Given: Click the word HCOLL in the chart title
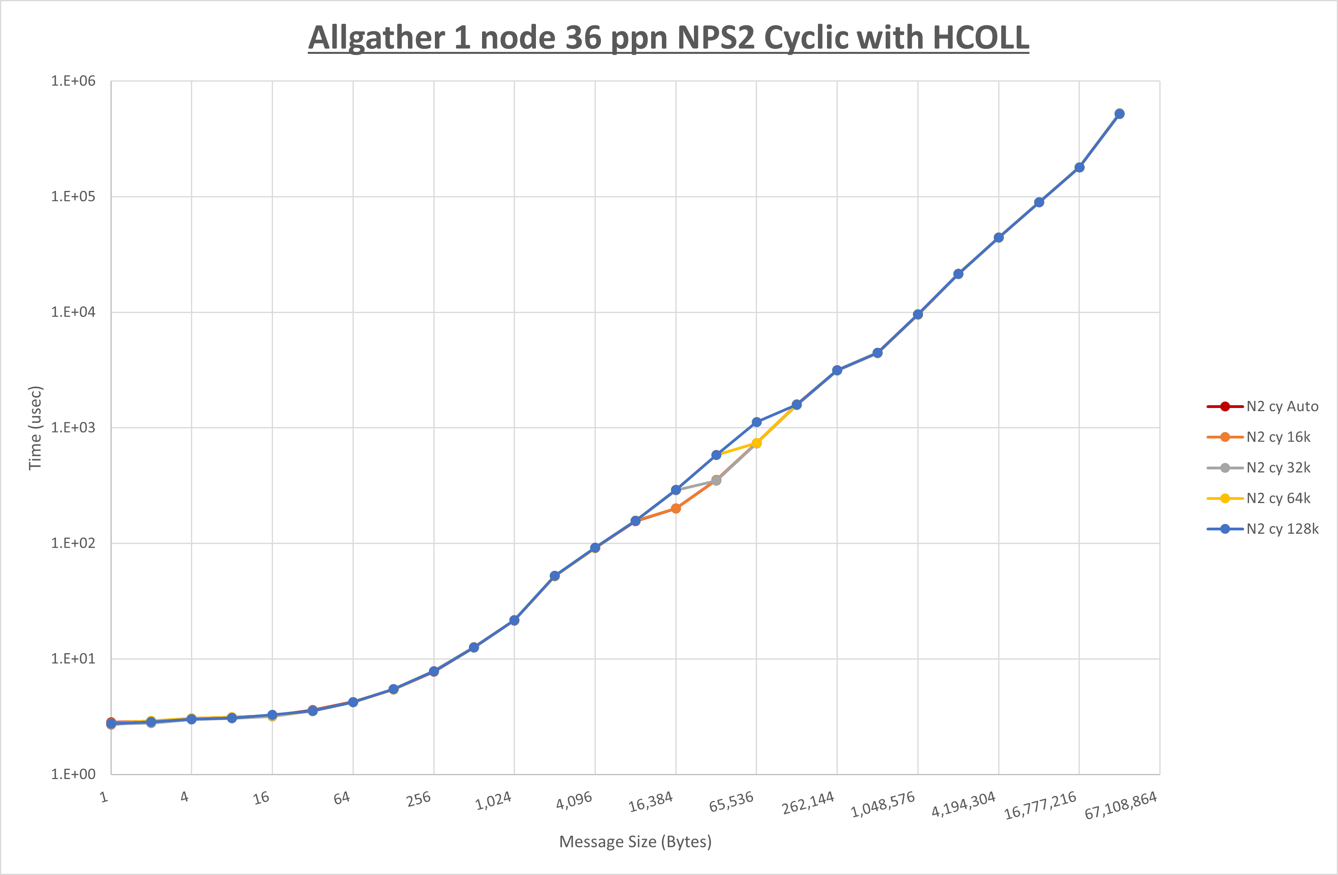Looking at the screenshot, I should (980, 38).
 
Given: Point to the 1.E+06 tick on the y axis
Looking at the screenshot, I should (73, 81).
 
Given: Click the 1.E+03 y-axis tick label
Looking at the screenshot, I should (73, 427).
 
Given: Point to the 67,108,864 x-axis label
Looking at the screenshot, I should (1121, 806).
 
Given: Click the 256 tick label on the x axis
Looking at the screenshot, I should (419, 799).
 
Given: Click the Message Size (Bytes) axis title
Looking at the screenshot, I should (635, 842).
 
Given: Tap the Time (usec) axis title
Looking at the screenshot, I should (35, 428).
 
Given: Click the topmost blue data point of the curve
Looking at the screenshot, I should (1119, 114).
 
